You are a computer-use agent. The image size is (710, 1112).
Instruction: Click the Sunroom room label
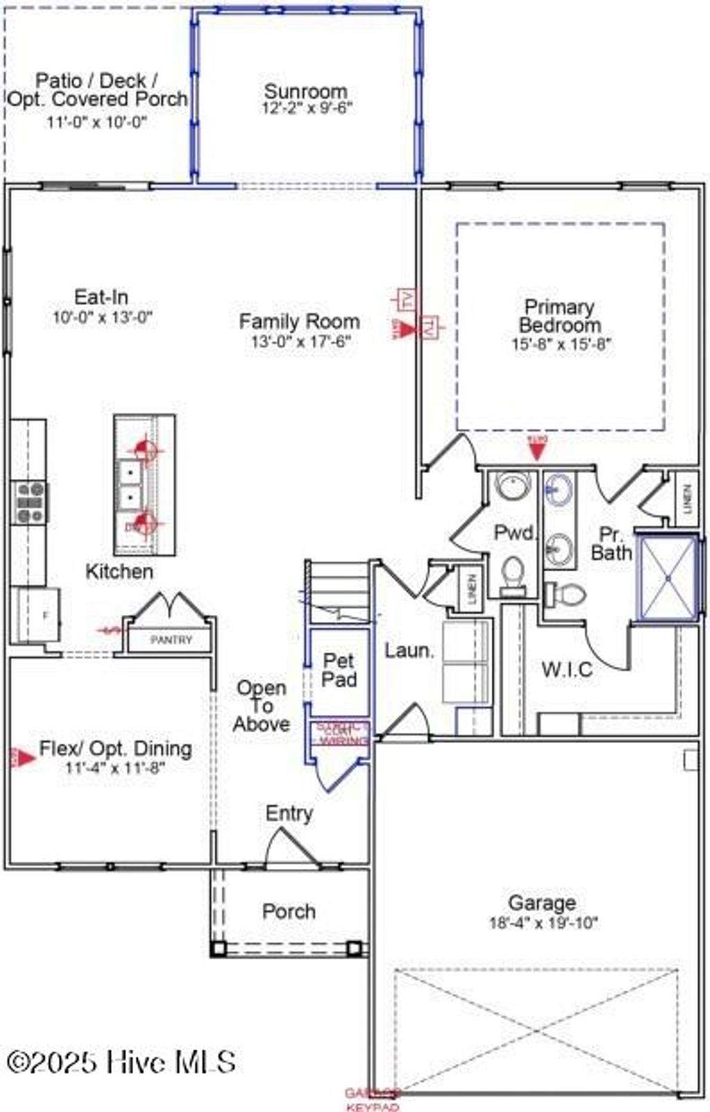click(x=306, y=92)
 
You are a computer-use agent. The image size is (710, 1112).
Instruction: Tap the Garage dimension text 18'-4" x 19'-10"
click(x=543, y=923)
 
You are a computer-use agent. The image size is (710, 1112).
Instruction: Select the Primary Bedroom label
click(x=560, y=315)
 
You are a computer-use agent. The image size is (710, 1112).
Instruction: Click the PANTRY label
click(x=171, y=640)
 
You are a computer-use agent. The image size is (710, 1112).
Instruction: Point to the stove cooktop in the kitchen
click(x=30, y=503)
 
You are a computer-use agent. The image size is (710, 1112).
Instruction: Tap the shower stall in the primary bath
click(x=667, y=577)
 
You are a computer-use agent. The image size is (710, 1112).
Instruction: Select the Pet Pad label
click(x=339, y=670)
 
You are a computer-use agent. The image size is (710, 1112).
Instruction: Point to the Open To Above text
click(x=261, y=706)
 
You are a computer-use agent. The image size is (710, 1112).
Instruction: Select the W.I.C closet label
click(x=566, y=669)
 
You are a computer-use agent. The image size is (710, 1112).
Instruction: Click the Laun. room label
click(x=409, y=650)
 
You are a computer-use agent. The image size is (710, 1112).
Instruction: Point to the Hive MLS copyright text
click(x=121, y=1061)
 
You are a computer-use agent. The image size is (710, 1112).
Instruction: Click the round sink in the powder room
click(x=512, y=486)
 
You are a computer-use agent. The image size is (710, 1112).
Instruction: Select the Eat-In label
click(x=101, y=297)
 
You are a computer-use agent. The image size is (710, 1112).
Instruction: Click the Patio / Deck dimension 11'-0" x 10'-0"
click(x=97, y=122)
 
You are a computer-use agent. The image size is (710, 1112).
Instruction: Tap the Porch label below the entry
click(x=288, y=911)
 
